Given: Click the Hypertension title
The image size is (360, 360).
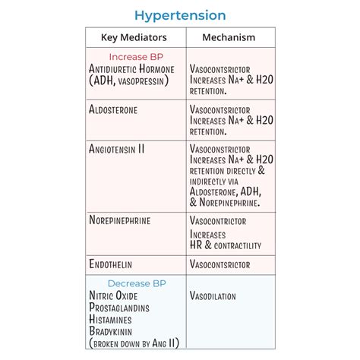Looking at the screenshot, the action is point(180,15).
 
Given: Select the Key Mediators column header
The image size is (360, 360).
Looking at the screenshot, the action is point(134,37).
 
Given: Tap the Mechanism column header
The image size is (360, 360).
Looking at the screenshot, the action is point(229,37).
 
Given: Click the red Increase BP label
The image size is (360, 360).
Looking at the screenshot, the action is point(135,57).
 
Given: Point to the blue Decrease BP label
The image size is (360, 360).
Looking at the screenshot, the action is point(135,283).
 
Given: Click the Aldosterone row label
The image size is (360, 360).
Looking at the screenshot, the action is point(113,110).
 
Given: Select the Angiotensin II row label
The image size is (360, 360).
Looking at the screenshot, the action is point(117,150).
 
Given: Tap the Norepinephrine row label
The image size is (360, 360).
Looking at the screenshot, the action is point(120,221).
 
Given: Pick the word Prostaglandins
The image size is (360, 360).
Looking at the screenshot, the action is point(119,308).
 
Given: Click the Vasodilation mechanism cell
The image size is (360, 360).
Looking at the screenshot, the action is point(213,296).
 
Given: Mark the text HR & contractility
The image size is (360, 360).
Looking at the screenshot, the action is point(226,245).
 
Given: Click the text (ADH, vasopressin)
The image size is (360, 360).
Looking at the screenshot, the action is point(131,81).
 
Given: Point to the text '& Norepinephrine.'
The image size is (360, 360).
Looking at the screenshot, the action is point(225,203).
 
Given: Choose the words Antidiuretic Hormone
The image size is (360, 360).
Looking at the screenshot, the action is point(131,69).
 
